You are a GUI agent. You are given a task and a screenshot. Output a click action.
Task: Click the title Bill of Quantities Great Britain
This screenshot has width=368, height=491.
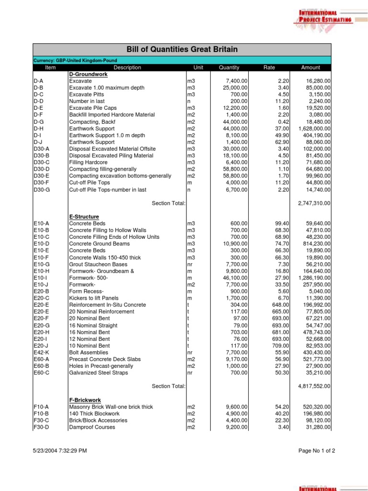tap(182, 50)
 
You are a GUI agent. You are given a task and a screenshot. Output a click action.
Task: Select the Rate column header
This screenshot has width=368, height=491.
tap(269, 68)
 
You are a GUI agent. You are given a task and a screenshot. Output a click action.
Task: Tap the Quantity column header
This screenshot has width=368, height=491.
tap(229, 68)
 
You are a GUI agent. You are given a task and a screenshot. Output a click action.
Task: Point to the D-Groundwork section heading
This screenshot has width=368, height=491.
tap(89, 74)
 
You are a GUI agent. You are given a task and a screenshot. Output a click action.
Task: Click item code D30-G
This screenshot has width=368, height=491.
tap(42, 189)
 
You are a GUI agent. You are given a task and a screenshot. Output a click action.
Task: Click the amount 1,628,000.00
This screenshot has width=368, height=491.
tap(314, 129)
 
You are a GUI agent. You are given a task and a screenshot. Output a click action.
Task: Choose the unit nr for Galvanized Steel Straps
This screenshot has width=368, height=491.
tap(190, 373)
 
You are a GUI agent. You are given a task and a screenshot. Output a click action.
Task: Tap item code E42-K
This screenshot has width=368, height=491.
tap(42, 352)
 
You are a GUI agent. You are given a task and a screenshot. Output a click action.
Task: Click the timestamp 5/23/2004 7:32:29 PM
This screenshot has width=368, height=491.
tap(60, 451)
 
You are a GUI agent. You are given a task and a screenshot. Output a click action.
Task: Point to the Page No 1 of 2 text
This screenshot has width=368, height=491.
tap(317, 451)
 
